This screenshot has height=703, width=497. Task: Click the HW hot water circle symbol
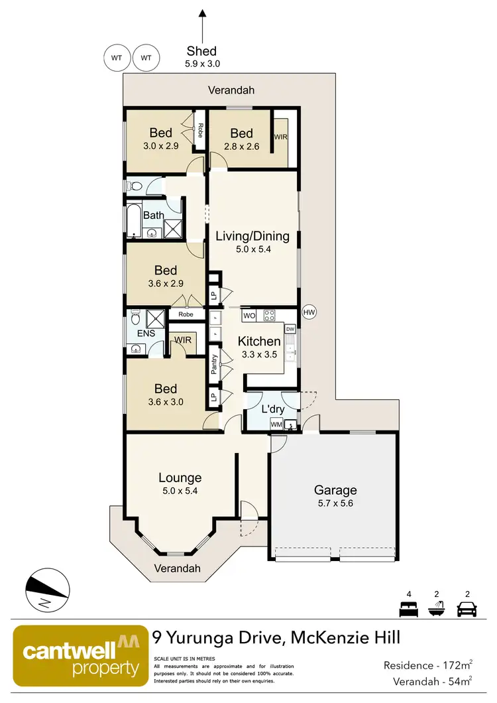coord(309,312)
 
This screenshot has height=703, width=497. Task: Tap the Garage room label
coord(335,490)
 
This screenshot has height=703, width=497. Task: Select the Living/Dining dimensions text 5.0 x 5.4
coord(252,250)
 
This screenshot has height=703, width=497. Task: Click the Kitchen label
coord(260,342)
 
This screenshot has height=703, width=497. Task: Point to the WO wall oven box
coord(249,316)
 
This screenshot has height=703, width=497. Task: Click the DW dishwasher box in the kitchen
coord(290,329)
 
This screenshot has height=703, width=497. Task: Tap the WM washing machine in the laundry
coord(276,424)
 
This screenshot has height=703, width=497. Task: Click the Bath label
coord(153,216)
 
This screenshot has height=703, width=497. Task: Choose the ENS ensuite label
coord(146,333)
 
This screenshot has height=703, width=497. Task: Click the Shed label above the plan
coord(202,51)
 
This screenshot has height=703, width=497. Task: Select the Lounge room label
coord(180,478)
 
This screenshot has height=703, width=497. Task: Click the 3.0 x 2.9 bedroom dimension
coord(160,146)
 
